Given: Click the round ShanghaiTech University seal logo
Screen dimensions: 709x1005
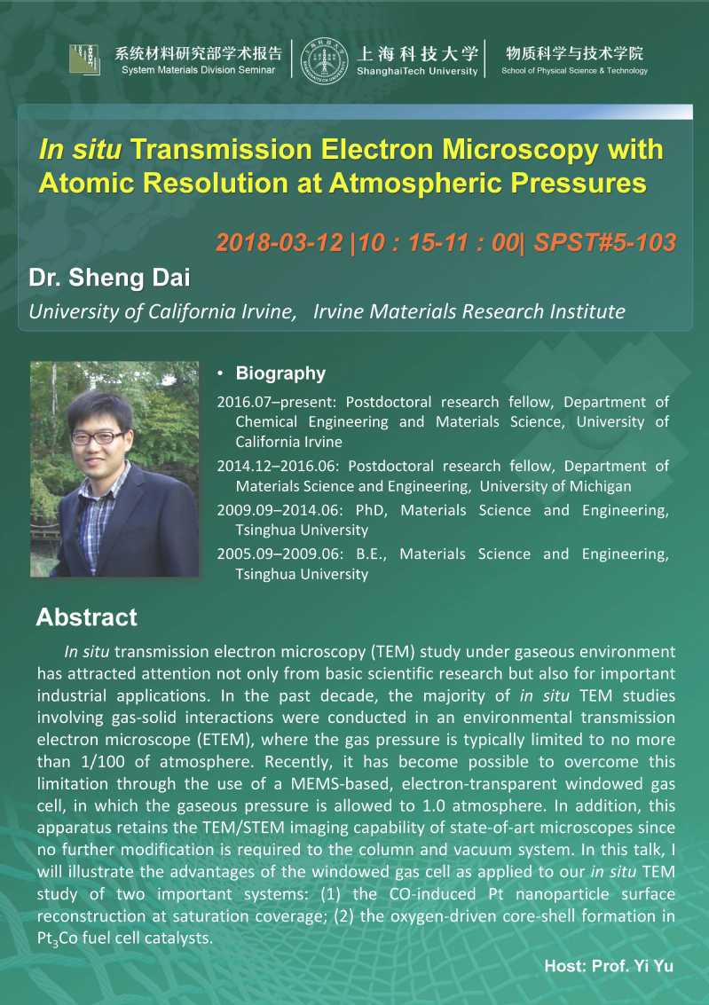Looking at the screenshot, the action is click(x=325, y=61).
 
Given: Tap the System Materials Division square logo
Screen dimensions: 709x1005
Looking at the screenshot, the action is click(x=84, y=59).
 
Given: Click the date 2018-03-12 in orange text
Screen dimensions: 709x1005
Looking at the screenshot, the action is click(x=279, y=242).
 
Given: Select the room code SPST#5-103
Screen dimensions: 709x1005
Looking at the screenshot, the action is click(x=604, y=242).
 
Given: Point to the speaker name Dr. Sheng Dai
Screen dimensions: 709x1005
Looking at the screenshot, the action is click(x=109, y=278).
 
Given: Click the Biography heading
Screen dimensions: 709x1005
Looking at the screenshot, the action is click(x=280, y=373).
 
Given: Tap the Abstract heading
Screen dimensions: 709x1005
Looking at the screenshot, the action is click(x=87, y=616).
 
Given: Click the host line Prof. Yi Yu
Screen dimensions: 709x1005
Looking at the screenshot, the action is click(x=609, y=966).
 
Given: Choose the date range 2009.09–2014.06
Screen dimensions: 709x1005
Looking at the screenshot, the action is click(x=280, y=510).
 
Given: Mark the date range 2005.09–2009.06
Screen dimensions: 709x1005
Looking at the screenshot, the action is click(x=280, y=554).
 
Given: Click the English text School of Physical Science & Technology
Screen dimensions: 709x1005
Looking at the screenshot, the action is click(x=574, y=70).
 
